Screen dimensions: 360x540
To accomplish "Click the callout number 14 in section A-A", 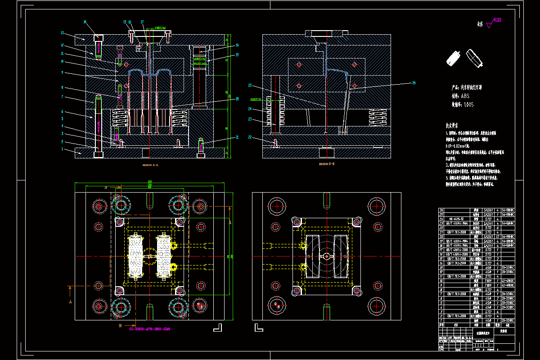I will pyautogui.click(x=85, y=22).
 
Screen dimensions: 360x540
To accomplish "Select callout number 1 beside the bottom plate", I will pyautogui.click(x=63, y=149).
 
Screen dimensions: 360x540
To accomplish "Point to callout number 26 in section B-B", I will pyautogui.click(x=414, y=82).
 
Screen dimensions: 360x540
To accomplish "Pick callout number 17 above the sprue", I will pyautogui.click(x=142, y=22).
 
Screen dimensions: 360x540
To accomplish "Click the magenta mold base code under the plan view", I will pyautogui.click(x=150, y=329).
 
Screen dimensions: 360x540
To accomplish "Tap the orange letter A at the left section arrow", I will pyautogui.click(x=71, y=302).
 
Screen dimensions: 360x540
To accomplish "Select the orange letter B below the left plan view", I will pyautogui.click(x=120, y=325).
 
